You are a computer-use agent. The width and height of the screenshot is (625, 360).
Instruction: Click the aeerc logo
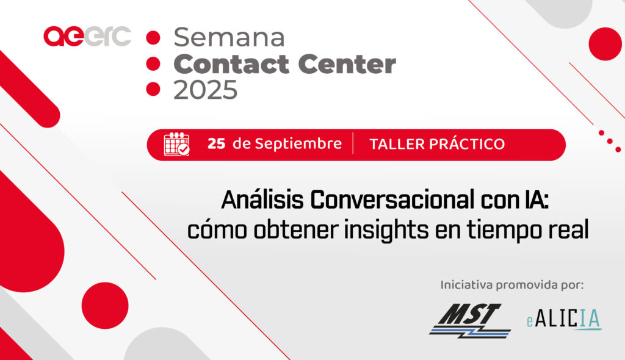(x=87, y=36)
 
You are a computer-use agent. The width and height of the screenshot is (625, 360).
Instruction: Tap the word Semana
(x=229, y=37)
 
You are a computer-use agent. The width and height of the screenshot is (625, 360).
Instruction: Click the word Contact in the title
(x=231, y=64)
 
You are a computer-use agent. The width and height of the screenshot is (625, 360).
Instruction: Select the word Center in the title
(x=347, y=64)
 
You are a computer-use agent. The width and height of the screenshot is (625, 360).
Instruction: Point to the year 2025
(x=205, y=89)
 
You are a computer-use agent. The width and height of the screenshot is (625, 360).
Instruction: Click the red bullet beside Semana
(x=153, y=37)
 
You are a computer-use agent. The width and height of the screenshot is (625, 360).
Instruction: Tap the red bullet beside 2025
(x=153, y=89)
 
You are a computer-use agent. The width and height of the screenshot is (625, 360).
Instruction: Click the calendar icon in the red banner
(x=176, y=144)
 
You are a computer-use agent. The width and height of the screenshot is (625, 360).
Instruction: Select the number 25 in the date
(x=217, y=143)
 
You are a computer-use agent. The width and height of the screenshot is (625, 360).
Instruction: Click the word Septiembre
(x=298, y=143)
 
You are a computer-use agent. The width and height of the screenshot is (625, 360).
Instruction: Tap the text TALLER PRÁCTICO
(x=437, y=144)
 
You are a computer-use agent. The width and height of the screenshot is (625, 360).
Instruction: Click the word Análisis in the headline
(x=262, y=200)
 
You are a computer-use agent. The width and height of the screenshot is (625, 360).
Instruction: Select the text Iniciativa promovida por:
(x=512, y=285)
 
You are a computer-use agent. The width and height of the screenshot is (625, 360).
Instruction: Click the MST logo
(x=470, y=320)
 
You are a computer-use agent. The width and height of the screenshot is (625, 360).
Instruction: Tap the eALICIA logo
(x=564, y=319)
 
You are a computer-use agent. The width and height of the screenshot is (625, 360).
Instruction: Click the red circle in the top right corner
(x=605, y=44)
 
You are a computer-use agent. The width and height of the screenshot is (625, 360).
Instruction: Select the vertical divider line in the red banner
(x=353, y=143)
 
